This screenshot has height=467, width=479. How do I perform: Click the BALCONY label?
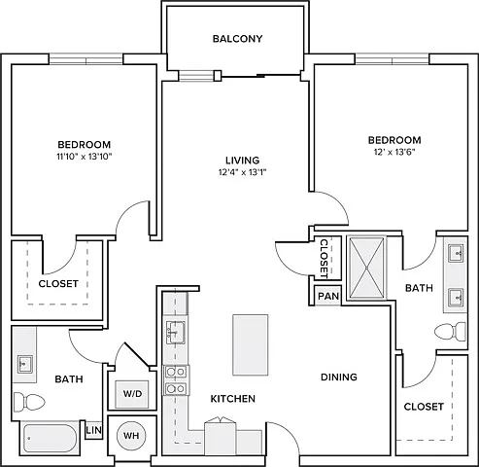(x=237, y=39)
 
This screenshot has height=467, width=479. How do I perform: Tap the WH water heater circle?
(x=131, y=435)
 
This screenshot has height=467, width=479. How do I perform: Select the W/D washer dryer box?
(x=133, y=394)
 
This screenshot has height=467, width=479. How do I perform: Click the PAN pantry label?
(x=328, y=296)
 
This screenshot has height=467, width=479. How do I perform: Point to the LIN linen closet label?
(x=94, y=430)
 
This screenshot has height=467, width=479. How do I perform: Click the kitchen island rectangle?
(x=251, y=344)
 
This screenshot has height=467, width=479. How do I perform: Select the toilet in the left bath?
(x=29, y=402)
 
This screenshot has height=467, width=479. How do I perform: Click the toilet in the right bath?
(x=450, y=332)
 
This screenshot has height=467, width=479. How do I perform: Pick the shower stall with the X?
(x=366, y=268)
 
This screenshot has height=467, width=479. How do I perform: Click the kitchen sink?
(x=175, y=332)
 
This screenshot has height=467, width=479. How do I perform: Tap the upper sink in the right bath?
(x=457, y=253)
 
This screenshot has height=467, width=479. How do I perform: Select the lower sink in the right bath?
(x=457, y=297)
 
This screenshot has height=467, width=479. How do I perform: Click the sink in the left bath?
(x=25, y=364)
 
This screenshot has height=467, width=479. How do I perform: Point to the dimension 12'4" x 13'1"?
(x=242, y=172)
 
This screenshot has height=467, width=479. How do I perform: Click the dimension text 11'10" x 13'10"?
(x=85, y=157)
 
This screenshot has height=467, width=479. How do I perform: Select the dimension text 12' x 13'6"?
(x=394, y=152)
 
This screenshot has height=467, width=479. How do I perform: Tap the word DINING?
(x=339, y=377)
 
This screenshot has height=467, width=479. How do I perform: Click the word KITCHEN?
(x=233, y=399)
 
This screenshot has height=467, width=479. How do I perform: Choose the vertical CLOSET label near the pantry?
(x=325, y=259)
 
